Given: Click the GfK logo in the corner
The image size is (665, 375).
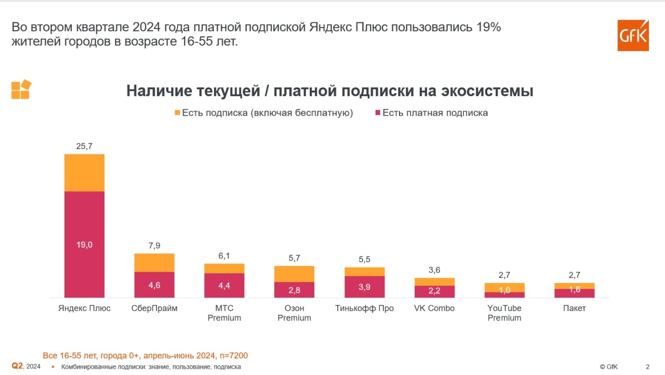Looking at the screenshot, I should click(633, 35).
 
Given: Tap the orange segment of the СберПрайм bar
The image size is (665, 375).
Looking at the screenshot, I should click(154, 262).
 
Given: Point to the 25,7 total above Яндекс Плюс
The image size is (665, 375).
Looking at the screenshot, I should click(84, 146).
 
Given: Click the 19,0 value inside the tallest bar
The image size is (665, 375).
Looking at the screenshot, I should click(84, 245).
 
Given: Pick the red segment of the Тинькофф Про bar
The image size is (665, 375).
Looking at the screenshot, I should click(365, 287).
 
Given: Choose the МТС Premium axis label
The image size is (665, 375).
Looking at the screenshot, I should click(224, 313).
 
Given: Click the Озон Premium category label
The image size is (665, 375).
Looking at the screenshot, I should click(294, 313).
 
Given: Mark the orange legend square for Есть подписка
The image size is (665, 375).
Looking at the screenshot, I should click(177, 113).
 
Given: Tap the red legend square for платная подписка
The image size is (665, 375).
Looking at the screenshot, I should click(377, 113).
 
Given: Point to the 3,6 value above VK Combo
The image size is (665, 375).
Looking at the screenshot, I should click(434, 270).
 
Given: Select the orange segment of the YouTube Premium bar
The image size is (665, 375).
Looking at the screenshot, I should click(504, 287).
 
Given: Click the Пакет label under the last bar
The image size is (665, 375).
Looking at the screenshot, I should click(574, 309).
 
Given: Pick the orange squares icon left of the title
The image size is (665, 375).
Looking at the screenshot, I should click(21, 89).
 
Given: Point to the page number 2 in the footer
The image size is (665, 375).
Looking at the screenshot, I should click(647, 367).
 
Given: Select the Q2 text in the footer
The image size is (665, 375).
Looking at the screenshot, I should click(17, 366).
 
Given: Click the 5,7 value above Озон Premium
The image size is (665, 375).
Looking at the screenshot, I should click(294, 258).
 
